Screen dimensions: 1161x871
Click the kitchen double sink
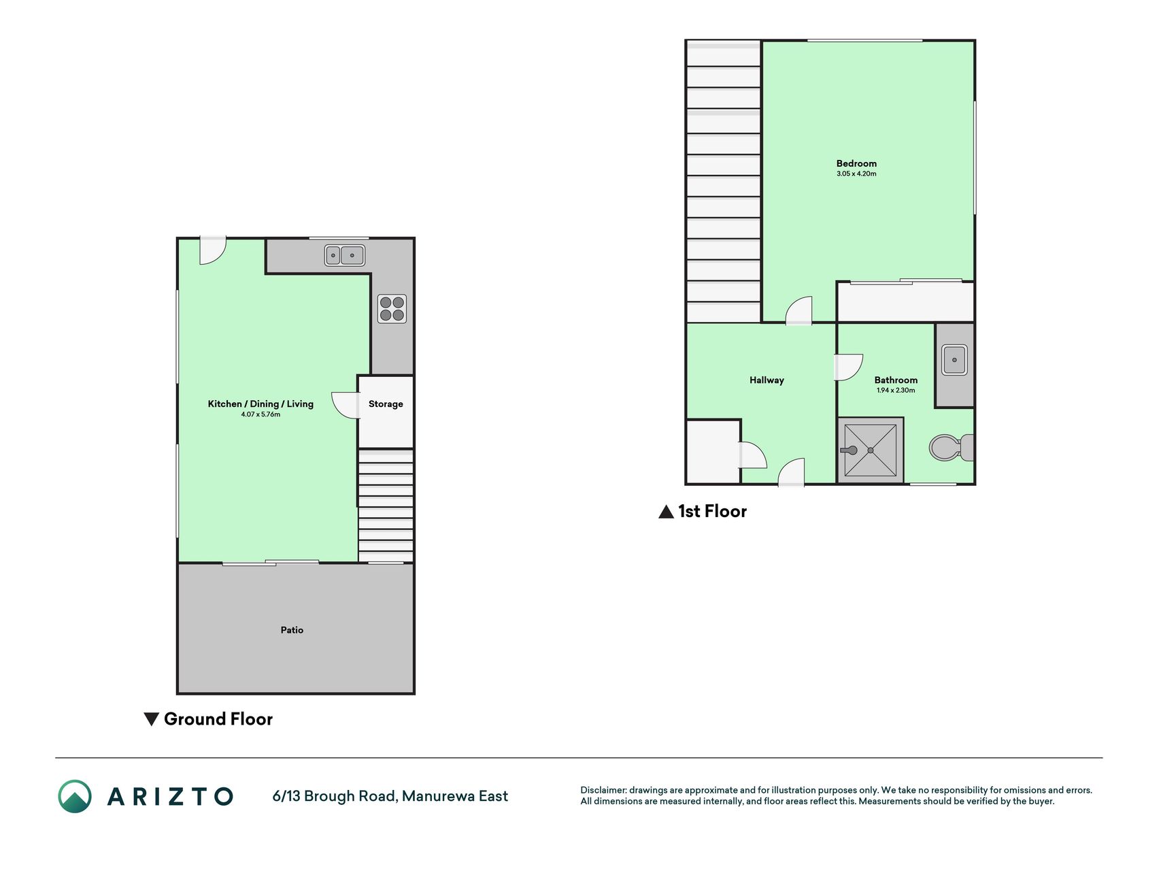point(345,255)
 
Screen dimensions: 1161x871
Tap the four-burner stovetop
point(392,308)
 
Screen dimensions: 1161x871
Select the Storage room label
point(386,404)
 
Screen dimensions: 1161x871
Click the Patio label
point(292,630)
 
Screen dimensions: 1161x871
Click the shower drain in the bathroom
point(871,450)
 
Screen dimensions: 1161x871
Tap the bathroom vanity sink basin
point(954,360)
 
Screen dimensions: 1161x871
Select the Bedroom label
point(856,163)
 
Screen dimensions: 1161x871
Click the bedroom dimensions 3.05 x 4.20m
point(856,174)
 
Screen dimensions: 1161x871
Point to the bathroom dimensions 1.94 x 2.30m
point(896,391)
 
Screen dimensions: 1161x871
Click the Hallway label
point(767,380)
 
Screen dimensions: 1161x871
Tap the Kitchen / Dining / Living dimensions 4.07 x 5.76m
point(260,414)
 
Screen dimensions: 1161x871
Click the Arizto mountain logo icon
point(75,796)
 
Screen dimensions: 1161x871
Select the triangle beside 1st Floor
point(667,512)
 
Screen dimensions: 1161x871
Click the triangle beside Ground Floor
point(152,719)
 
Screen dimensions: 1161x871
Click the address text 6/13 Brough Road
point(334,796)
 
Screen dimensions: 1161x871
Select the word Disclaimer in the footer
point(603,790)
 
